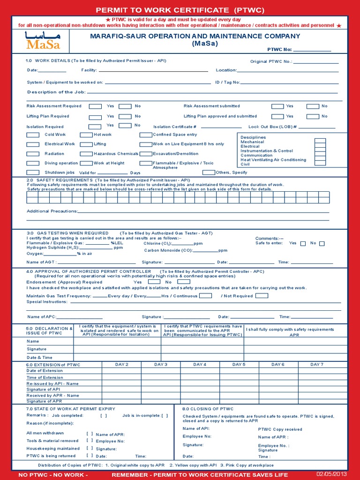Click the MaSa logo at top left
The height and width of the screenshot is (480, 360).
[43, 40]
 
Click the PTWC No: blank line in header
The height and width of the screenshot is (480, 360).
[312, 49]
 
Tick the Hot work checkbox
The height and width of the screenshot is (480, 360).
[86, 135]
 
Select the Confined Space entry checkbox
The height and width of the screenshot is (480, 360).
[146, 135]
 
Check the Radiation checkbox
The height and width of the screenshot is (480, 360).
[33, 154]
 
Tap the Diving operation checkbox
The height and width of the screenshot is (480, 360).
[33, 163]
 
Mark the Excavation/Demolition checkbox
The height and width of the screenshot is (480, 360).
[146, 154]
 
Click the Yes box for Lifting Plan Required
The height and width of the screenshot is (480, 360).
[95, 117]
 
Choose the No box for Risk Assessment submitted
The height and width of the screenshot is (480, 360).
[313, 106]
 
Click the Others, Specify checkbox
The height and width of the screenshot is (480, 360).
[209, 172]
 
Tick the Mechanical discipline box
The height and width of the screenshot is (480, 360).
[320, 142]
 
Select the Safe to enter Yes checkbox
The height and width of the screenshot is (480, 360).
[303, 243]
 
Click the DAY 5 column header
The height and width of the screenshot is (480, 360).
[239, 365]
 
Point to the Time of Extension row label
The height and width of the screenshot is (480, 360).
[45, 377]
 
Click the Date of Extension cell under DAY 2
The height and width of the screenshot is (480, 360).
[121, 371]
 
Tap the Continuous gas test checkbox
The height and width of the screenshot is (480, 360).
[205, 296]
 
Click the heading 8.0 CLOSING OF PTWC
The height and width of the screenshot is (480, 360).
[208, 409]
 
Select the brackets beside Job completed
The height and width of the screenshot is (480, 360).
[103, 415]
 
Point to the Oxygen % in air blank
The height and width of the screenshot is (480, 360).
[65, 253]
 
